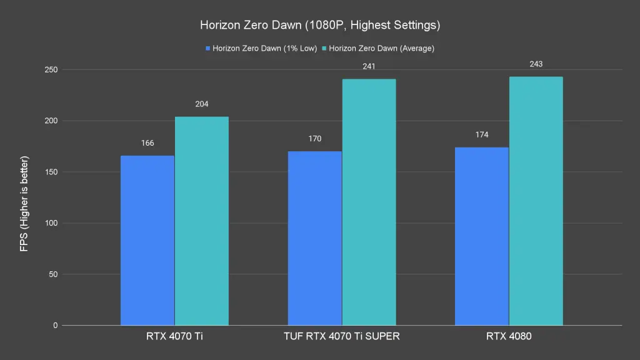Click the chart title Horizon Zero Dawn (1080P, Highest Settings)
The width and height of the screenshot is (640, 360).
tap(320, 26)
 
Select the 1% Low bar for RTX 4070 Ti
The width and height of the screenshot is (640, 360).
tap(147, 241)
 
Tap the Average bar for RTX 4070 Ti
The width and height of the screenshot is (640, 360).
tap(201, 221)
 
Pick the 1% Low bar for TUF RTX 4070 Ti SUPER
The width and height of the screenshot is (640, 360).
tap(314, 238)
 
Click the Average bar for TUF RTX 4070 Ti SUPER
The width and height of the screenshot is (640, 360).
tap(369, 202)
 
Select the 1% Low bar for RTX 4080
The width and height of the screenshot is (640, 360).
tap(481, 236)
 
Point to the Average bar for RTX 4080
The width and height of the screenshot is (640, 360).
tap(536, 201)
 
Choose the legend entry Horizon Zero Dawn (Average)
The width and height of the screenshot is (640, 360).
tap(381, 48)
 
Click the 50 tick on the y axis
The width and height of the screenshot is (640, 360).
tap(52, 274)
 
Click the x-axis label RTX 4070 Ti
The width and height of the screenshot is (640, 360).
tap(174, 336)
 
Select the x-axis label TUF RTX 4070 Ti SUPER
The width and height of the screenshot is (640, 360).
tap(341, 336)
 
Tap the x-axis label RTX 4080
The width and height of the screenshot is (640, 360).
tap(509, 336)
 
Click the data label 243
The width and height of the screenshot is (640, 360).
tap(536, 64)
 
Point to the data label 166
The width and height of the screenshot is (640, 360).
tap(147, 143)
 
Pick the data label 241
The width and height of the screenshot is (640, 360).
tap(369, 66)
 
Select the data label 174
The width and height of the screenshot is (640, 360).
tap(481, 135)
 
